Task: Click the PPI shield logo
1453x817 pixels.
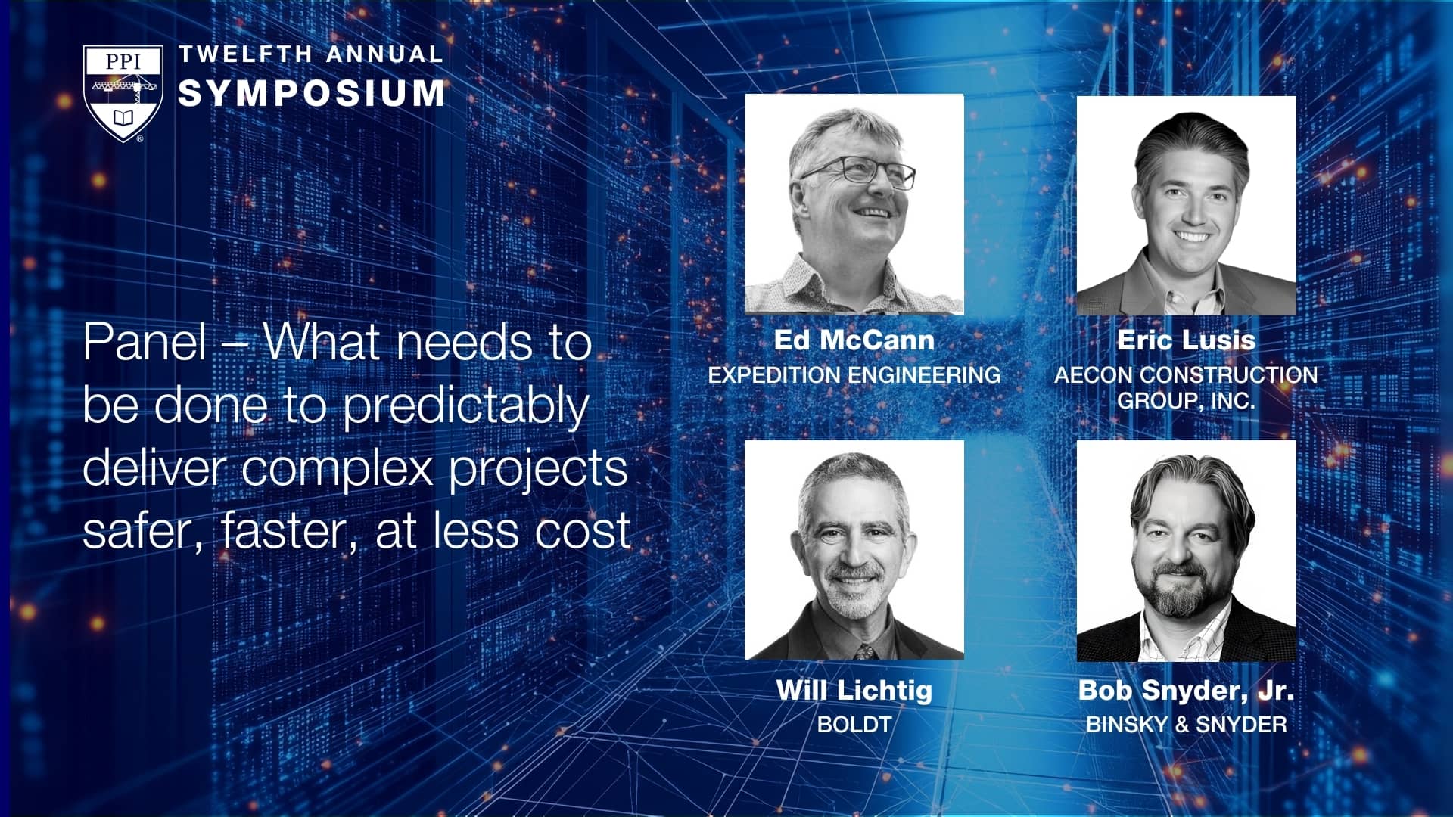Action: (123, 93)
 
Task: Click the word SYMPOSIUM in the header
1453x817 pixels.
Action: (311, 93)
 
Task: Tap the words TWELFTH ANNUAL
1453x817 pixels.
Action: (311, 54)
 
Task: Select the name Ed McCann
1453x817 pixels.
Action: (854, 340)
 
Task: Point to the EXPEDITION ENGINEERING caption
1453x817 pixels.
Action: (854, 374)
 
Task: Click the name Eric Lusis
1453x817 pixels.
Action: (1186, 340)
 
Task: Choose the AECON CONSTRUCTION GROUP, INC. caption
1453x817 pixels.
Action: (1186, 387)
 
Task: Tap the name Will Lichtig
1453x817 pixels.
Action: (854, 690)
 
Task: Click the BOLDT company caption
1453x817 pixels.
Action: (854, 725)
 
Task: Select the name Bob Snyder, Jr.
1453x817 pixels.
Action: (1186, 690)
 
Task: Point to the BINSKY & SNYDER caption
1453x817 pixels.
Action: (1186, 725)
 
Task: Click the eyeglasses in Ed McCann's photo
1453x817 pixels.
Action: (859, 171)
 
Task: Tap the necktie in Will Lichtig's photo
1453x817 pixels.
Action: (863, 651)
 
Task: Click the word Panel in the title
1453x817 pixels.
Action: (144, 342)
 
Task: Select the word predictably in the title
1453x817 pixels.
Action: (465, 407)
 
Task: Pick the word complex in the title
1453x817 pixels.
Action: (337, 469)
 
